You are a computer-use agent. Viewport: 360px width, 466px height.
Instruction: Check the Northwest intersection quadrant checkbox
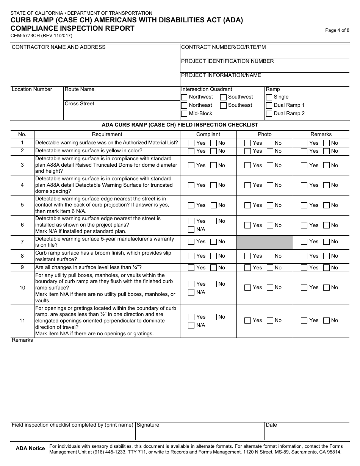click(184, 97)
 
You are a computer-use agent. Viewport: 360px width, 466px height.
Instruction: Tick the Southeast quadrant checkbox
click(224, 105)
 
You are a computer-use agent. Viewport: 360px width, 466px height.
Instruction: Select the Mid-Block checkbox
click(184, 114)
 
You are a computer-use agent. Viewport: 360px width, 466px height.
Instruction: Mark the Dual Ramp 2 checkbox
click(269, 114)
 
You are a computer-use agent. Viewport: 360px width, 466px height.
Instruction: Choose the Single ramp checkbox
click(269, 97)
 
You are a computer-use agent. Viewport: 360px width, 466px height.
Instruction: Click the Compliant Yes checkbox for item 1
click(191, 143)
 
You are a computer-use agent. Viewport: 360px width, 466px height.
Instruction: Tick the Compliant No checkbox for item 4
click(214, 185)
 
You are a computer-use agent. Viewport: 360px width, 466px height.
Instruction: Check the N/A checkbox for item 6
click(191, 230)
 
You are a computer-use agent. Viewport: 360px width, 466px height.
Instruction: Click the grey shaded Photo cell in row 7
click(265, 242)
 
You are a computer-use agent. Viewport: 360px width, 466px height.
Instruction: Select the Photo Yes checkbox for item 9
click(248, 268)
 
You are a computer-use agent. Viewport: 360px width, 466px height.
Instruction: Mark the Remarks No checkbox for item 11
click(326, 321)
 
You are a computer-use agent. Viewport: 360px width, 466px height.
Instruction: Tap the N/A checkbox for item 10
click(191, 292)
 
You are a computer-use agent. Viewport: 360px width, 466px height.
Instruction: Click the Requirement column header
click(107, 134)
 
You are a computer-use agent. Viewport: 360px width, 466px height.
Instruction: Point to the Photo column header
click(265, 134)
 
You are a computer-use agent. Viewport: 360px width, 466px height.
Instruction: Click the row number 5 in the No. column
click(22, 205)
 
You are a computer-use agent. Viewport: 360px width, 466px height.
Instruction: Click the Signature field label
click(148, 425)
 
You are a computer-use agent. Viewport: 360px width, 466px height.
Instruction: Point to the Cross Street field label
click(80, 104)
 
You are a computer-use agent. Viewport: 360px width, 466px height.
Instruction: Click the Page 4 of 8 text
click(337, 31)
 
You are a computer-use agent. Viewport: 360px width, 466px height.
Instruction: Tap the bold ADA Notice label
click(30, 449)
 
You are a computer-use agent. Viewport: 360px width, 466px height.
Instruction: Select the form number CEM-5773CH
click(26, 36)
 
